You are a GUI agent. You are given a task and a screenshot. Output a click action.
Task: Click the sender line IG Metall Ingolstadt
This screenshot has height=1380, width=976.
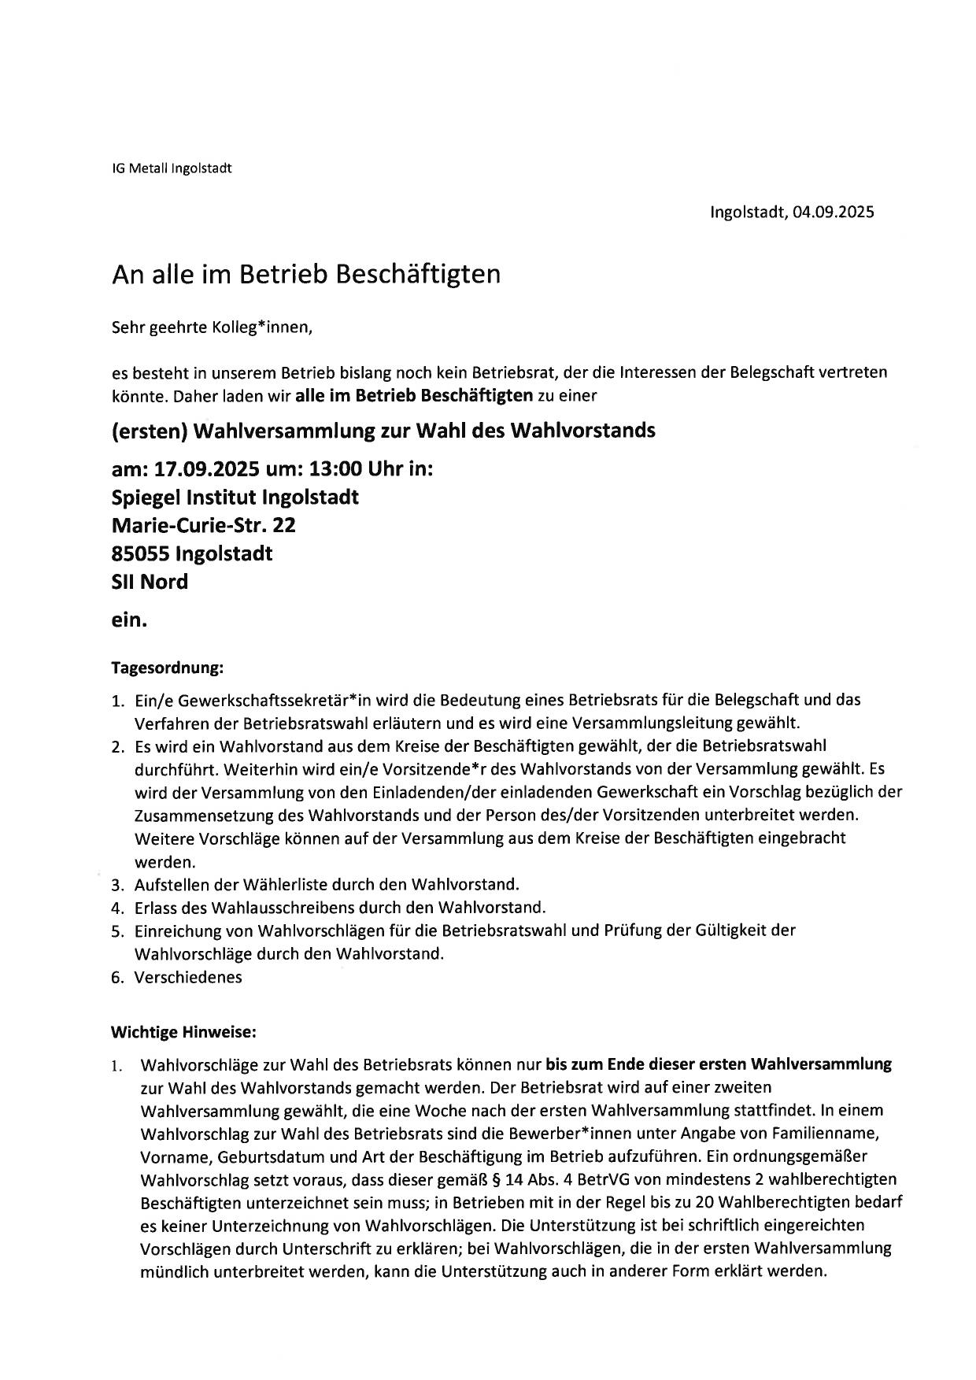pyautogui.click(x=172, y=168)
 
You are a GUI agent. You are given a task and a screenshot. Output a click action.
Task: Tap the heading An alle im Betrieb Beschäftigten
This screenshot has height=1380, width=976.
pyautogui.click(x=305, y=274)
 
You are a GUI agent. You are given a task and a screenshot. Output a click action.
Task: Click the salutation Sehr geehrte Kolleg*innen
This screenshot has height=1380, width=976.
pyautogui.click(x=213, y=327)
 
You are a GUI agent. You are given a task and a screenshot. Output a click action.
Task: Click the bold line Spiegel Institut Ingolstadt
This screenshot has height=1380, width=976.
pyautogui.click(x=235, y=498)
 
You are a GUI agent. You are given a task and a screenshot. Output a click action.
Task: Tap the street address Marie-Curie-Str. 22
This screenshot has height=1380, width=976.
pyautogui.click(x=204, y=525)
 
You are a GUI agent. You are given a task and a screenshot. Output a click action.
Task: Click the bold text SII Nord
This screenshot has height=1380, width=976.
pyautogui.click(x=150, y=582)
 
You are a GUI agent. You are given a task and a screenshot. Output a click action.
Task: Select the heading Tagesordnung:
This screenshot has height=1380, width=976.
pyautogui.click(x=167, y=668)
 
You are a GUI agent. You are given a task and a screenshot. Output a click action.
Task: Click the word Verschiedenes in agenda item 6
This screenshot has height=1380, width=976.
pyautogui.click(x=188, y=977)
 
